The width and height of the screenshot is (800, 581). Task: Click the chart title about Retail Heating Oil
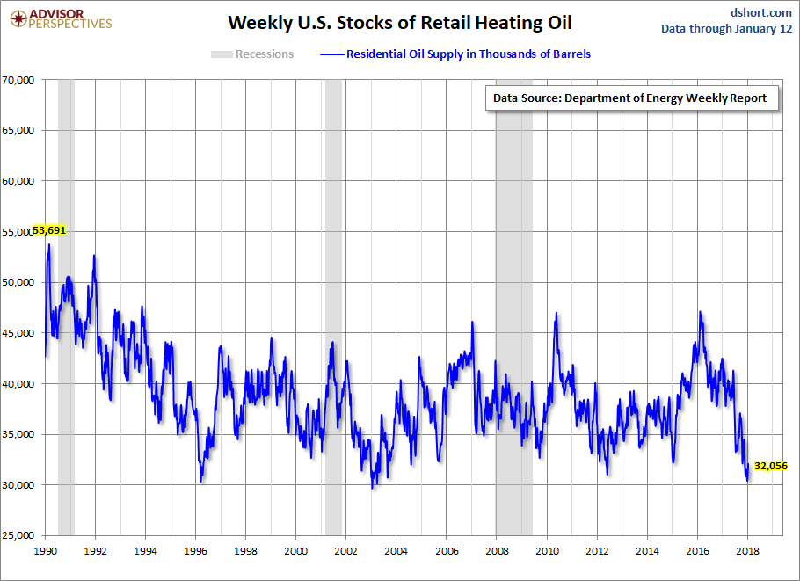click(x=400, y=22)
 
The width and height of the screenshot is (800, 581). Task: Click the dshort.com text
click(x=762, y=11)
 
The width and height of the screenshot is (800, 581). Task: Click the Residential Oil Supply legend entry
click(x=456, y=54)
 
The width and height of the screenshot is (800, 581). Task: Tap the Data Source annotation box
click(x=629, y=98)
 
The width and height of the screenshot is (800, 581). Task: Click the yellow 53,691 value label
click(x=50, y=230)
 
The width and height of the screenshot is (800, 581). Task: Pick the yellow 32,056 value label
click(x=771, y=466)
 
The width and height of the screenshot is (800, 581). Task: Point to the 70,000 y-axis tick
click(x=18, y=80)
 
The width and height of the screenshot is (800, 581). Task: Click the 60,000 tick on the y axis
click(x=18, y=181)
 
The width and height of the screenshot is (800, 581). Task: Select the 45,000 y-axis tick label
click(x=18, y=333)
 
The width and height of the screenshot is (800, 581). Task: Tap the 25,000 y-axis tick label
click(x=18, y=535)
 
